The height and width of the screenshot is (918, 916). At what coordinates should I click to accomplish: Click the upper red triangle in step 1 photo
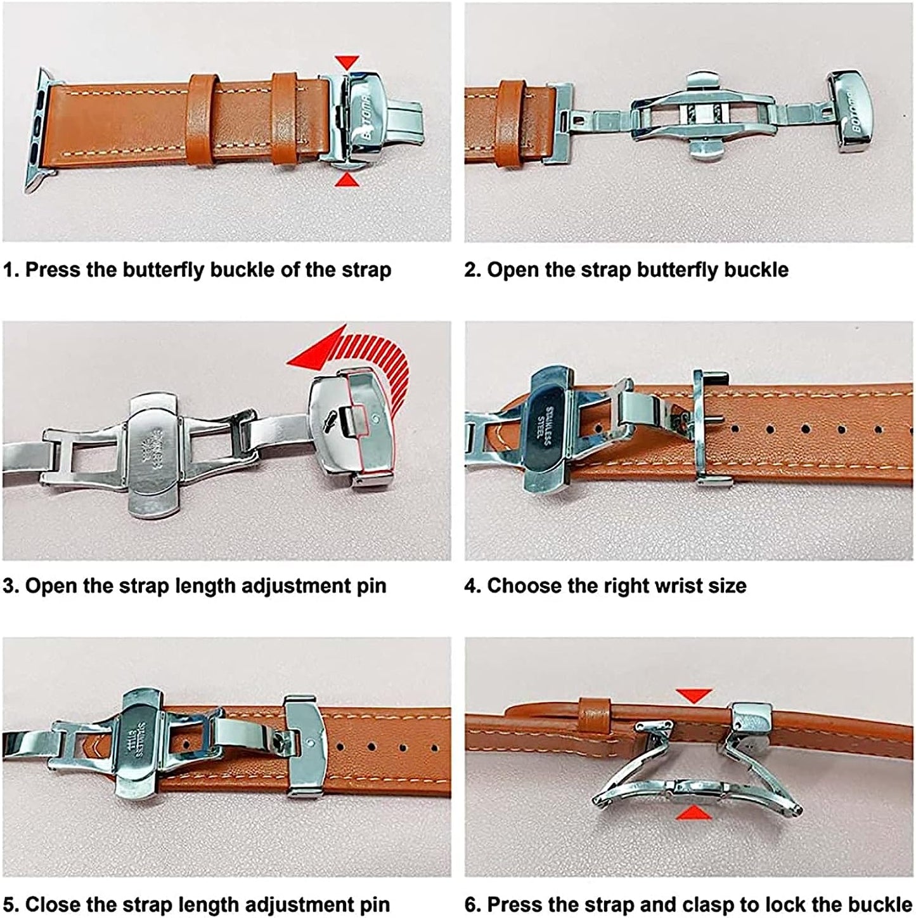tap(347, 62)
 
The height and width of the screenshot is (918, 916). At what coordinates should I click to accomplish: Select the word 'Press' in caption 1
tap(52, 270)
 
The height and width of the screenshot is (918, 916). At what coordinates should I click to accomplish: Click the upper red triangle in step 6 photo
tap(694, 695)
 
